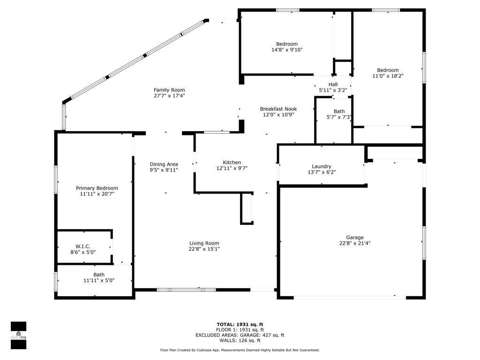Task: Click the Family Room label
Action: (x=169, y=90)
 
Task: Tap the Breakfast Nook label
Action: (x=278, y=109)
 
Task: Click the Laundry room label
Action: (x=322, y=166)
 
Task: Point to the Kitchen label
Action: (x=232, y=163)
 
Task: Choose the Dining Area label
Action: (x=164, y=164)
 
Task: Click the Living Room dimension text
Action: (x=204, y=249)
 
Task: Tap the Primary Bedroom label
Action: (x=97, y=188)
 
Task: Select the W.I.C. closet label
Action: (x=83, y=247)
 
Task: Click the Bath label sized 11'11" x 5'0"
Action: (x=99, y=275)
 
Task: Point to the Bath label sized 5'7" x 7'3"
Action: (x=339, y=112)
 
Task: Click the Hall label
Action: (x=333, y=84)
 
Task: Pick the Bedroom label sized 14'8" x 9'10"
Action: (x=286, y=44)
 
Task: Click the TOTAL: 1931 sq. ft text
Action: (x=240, y=324)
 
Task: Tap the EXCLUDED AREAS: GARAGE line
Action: (x=240, y=335)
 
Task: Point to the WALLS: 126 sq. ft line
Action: (x=240, y=341)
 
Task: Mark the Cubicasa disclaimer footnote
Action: (x=240, y=350)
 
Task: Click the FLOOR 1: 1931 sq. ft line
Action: (x=240, y=330)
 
